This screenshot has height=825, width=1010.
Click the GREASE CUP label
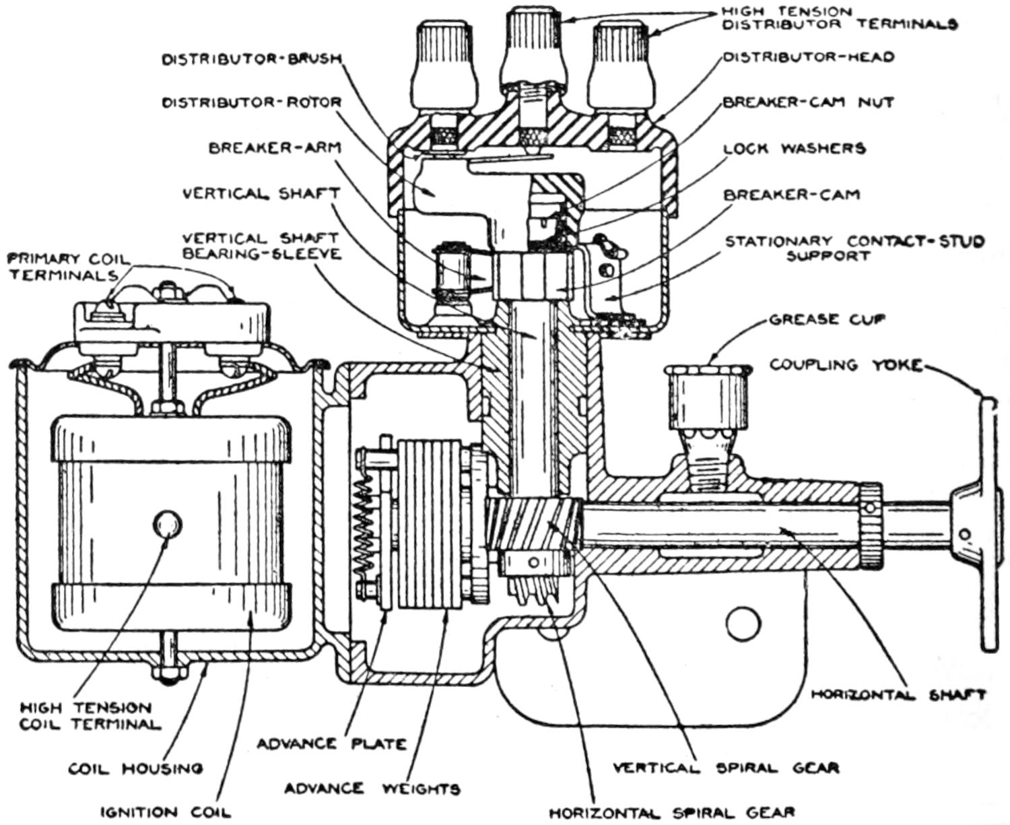(x=826, y=319)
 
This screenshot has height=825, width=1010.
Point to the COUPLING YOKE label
(x=845, y=365)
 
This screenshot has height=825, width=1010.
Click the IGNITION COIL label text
(x=165, y=812)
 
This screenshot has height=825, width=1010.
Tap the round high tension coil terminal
(x=168, y=523)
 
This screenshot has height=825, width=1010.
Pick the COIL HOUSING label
(x=135, y=768)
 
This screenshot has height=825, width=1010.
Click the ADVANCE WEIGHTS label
(x=372, y=789)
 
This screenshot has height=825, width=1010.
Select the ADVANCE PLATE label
(x=331, y=744)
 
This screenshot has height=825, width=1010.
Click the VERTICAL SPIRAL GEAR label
(x=726, y=767)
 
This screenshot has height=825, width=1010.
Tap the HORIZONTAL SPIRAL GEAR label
(x=672, y=813)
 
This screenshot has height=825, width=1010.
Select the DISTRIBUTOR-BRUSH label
(x=252, y=59)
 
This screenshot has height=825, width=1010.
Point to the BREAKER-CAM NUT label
(x=808, y=102)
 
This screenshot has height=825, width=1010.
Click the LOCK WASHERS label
(x=795, y=148)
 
